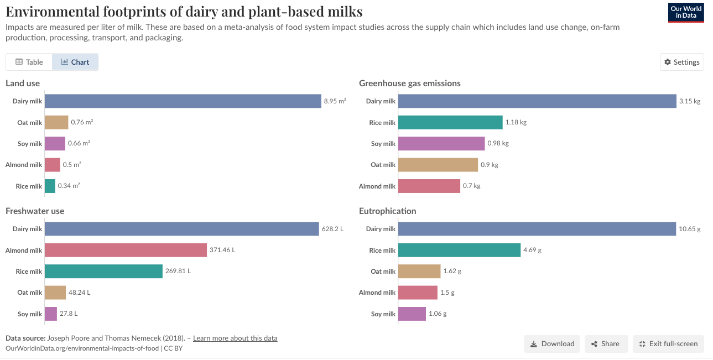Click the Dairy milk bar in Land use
click(x=183, y=101)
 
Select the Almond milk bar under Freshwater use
click(x=126, y=250)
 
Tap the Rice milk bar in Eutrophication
click(x=459, y=250)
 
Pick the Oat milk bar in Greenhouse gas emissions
click(x=438, y=165)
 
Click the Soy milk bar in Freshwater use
click(x=51, y=314)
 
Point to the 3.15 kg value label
click(x=690, y=101)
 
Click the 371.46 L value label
click(x=222, y=250)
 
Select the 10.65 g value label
click(x=690, y=229)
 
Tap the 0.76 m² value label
click(x=82, y=122)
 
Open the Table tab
click(x=29, y=62)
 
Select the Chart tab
click(x=75, y=62)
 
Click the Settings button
click(x=682, y=62)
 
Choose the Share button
click(x=606, y=343)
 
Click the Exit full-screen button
click(x=668, y=343)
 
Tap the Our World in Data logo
click(x=686, y=12)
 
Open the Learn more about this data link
click(x=235, y=338)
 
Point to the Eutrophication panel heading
click(x=387, y=211)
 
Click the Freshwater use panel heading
click(x=35, y=211)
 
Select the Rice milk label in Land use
click(x=29, y=186)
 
